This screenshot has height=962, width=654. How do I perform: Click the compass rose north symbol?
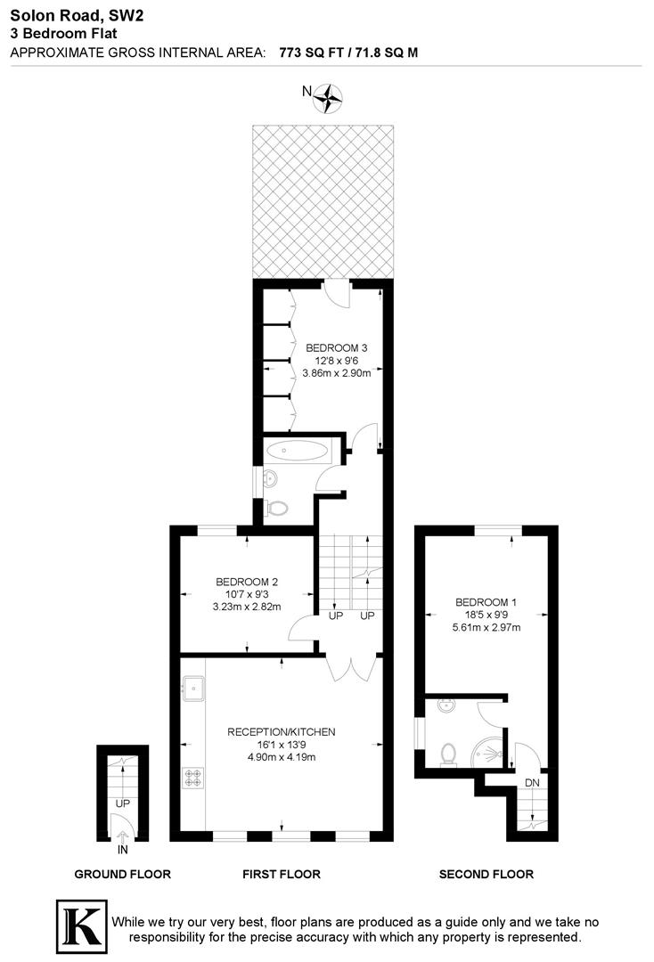[330, 97]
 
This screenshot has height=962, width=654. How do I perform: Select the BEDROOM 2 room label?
[247, 583]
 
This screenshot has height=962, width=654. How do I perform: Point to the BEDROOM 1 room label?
[486, 602]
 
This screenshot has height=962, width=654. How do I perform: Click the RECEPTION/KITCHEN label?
[282, 732]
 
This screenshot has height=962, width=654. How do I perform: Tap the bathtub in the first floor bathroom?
[298, 450]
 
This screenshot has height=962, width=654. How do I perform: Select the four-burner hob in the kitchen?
[193, 778]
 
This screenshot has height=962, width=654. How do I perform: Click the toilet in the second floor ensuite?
[450, 754]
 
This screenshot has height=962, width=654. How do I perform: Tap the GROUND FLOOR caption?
[122, 874]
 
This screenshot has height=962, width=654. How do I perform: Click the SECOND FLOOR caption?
[486, 874]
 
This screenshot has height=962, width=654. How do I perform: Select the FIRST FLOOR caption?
[282, 874]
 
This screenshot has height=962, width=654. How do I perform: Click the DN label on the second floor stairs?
[533, 783]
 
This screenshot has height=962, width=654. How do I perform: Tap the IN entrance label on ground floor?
[123, 850]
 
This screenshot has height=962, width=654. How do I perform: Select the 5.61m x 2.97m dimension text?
[486, 627]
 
